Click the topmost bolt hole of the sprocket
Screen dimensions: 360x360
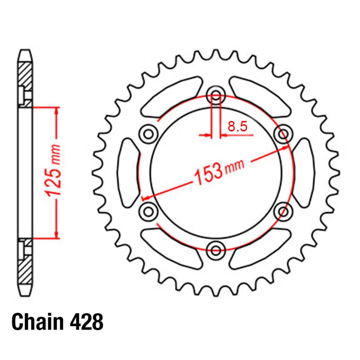(x=216, y=96)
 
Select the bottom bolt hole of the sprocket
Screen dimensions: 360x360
(x=216, y=250)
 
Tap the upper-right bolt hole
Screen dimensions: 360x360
(x=282, y=134)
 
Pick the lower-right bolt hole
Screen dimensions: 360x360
(x=282, y=211)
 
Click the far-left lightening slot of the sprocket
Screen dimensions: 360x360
(x=128, y=172)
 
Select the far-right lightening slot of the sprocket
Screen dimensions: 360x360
(x=304, y=172)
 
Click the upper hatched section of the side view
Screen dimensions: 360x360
(x=25, y=75)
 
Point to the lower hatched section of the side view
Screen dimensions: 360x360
(x=25, y=270)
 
